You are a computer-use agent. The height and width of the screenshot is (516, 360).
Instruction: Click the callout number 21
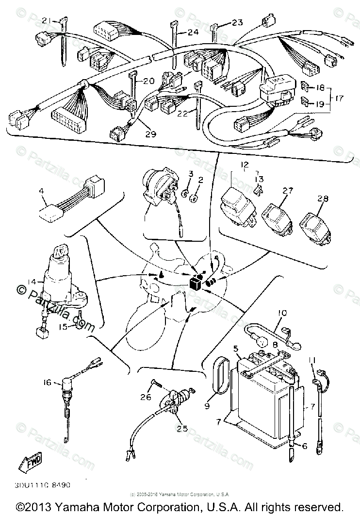click(x=46, y=20)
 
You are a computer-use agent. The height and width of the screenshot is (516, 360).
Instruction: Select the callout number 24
click(x=180, y=33)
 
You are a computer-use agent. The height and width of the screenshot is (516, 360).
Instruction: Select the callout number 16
click(x=47, y=383)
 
